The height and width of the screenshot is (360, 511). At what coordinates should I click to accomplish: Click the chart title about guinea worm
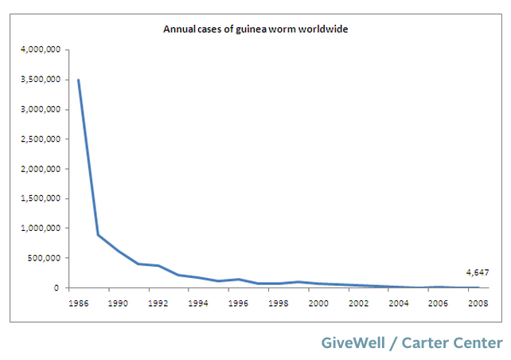click(256, 29)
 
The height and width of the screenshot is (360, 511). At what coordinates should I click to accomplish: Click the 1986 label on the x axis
click(78, 303)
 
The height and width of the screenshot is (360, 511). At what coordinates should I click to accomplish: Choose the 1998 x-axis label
click(278, 303)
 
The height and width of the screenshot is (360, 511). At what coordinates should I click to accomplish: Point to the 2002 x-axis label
click(359, 303)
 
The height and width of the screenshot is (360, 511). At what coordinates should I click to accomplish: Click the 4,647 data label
click(478, 272)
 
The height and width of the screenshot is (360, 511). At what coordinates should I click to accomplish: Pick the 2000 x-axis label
click(318, 303)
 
